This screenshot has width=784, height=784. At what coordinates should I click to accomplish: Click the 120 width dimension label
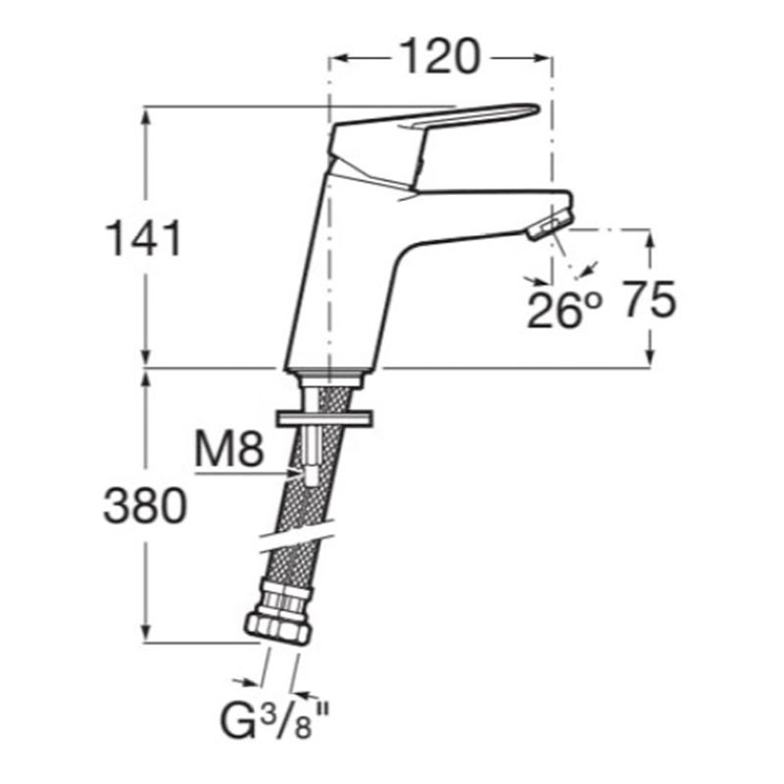tap(439, 58)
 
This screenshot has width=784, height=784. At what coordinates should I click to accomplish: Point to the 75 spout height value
tap(648, 301)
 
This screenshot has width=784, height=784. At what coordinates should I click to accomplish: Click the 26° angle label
tap(563, 310)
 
